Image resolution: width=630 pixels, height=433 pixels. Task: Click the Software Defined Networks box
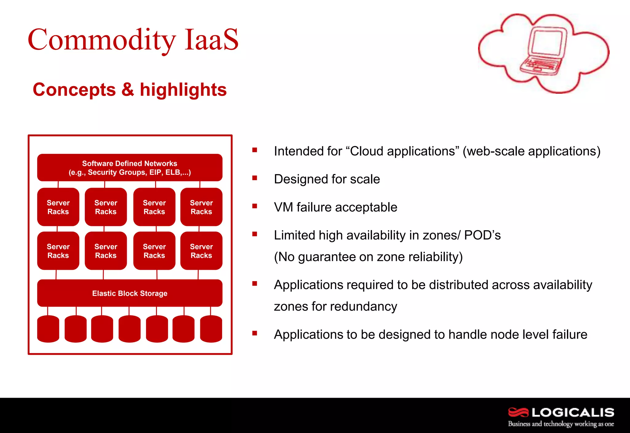point(130,168)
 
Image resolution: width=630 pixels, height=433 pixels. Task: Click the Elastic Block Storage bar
point(130,293)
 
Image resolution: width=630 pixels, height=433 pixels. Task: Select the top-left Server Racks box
point(58,207)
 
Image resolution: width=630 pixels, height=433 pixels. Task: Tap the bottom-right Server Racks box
point(201,251)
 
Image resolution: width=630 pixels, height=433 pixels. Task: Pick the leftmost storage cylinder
point(48,329)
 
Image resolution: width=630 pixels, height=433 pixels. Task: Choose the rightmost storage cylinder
point(211,329)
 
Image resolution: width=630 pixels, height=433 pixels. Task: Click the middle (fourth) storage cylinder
point(130,329)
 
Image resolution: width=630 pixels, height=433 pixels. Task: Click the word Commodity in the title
point(102,40)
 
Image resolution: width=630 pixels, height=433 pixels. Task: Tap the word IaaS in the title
point(211,40)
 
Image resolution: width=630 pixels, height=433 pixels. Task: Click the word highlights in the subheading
point(183,90)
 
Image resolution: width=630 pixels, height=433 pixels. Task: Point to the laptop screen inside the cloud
point(547,43)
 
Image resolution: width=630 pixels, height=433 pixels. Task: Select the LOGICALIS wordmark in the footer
point(572,412)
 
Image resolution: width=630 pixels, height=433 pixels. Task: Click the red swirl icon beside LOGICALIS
point(518,412)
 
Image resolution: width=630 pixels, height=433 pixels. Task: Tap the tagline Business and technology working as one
point(561,424)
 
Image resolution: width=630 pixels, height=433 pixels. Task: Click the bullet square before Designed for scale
point(254,178)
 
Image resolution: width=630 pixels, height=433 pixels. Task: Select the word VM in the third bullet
point(283,207)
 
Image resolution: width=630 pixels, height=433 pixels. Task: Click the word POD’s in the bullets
point(482,235)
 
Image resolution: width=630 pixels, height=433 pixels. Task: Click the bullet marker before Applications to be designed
point(254,333)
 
